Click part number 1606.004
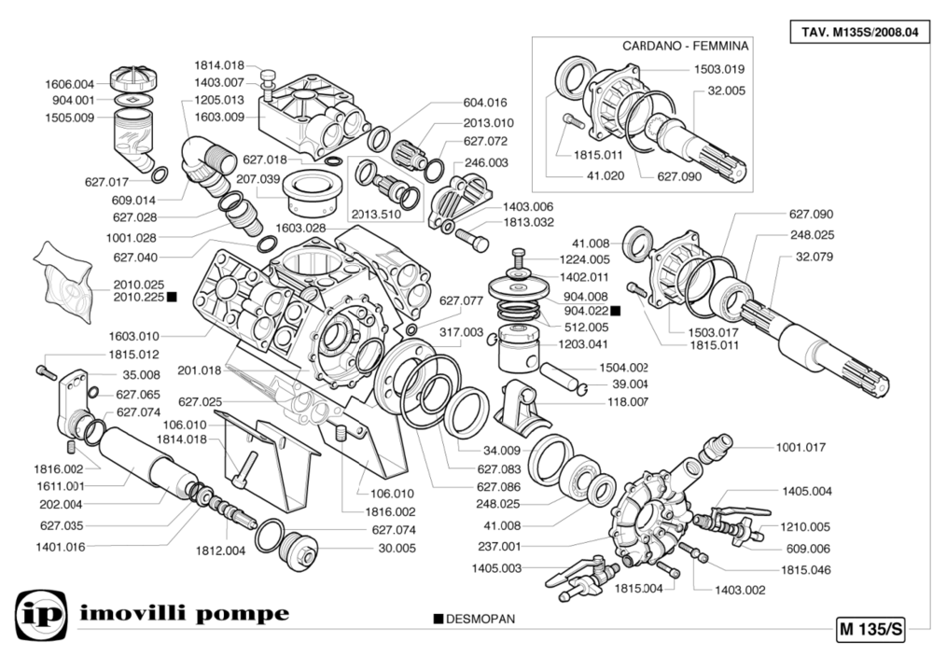(70, 83)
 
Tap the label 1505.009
(70, 118)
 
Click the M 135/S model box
(870, 628)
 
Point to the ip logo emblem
(39, 615)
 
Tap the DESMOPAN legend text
(480, 619)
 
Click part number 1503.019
(718, 69)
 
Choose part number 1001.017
(801, 447)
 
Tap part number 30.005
(396, 549)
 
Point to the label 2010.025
(138, 285)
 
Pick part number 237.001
(498, 547)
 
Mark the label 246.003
(486, 161)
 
